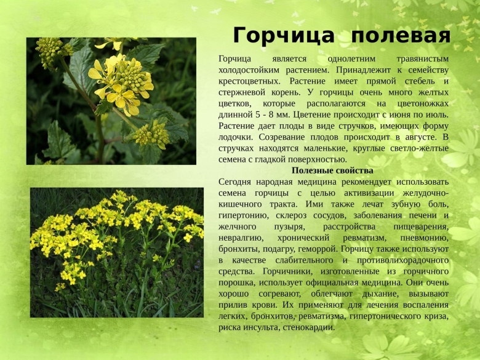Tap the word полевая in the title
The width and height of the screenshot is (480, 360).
(x=401, y=36)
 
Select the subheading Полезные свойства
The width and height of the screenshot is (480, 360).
(x=332, y=170)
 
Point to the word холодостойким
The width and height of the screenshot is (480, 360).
(x=250, y=70)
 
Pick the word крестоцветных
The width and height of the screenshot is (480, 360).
(x=250, y=81)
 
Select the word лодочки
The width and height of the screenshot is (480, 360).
(x=237, y=137)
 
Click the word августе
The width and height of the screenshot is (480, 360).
(x=418, y=137)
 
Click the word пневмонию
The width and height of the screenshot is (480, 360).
(x=424, y=238)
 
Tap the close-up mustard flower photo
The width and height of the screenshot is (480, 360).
(x=111, y=101)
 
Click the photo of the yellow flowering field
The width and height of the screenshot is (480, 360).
(x=116, y=253)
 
